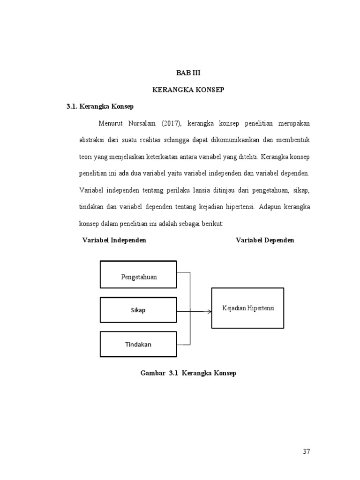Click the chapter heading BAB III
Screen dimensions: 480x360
pos(188,73)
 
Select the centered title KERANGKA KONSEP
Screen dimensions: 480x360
pos(188,90)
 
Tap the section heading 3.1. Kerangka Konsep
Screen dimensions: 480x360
pos(100,106)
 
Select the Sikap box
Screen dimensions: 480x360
pos(138,310)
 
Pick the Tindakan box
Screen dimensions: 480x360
pos(138,344)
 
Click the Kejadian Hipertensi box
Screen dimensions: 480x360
pos(248,308)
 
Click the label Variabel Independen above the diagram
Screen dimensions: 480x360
pos(114,240)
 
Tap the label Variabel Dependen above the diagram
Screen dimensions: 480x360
pos(265,240)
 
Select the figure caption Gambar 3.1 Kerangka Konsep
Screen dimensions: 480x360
pos(188,373)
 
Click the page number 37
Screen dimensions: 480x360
pos(307,452)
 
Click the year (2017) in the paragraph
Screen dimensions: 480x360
pos(172,123)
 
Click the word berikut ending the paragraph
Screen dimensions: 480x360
pos(214,224)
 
